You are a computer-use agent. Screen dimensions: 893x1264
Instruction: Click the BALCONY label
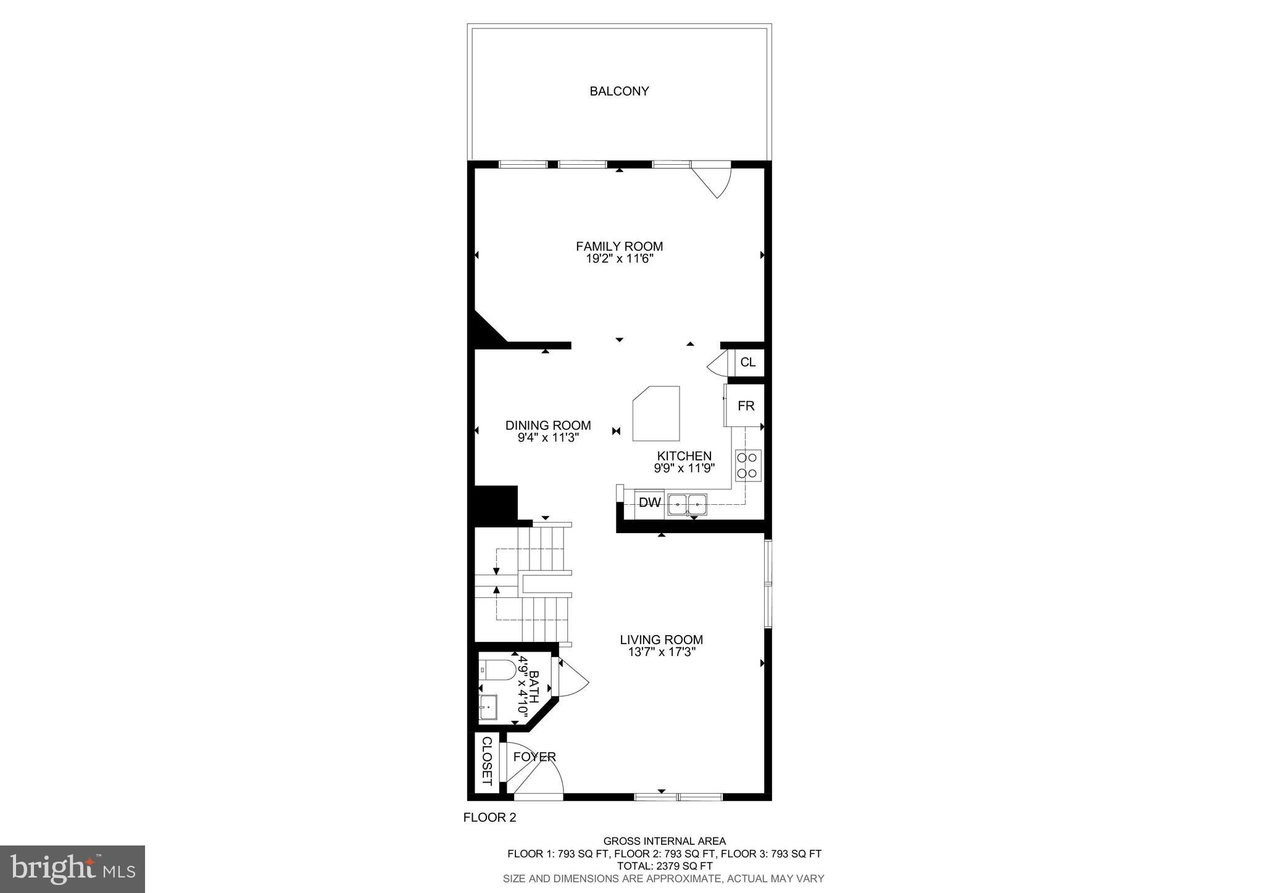(619, 91)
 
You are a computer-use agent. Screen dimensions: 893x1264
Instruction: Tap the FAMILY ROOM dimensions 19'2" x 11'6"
(619, 259)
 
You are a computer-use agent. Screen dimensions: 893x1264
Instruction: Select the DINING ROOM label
(548, 425)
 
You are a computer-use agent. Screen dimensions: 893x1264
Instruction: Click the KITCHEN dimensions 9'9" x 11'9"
(684, 468)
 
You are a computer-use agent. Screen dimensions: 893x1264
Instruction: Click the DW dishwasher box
(649, 503)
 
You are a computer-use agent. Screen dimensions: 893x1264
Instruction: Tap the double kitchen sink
(687, 504)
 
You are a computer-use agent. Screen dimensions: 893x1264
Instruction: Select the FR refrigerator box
(746, 405)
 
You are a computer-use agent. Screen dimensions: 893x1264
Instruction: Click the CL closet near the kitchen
(747, 362)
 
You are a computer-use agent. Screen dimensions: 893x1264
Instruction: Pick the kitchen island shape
(657, 413)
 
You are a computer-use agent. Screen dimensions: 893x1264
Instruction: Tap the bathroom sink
(488, 707)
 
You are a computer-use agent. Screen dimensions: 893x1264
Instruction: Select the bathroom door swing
(574, 679)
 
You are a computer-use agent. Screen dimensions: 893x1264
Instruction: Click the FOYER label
(534, 757)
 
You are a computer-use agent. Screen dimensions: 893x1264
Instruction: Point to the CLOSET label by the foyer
(486, 761)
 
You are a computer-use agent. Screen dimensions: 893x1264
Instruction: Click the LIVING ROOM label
(661, 640)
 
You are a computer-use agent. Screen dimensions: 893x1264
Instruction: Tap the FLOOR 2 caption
(489, 818)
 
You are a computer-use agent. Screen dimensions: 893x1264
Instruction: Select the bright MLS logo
(72, 869)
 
